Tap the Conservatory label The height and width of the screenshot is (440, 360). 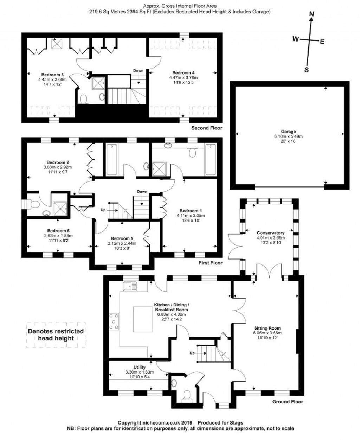[270, 233]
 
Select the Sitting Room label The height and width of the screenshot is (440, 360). [267, 328]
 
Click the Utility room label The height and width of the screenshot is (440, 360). [140, 368]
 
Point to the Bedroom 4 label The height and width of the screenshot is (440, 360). [184, 73]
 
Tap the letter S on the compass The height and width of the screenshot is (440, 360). [306, 70]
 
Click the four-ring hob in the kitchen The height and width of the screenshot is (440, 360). [114, 321]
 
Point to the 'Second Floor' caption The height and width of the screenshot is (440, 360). [207, 128]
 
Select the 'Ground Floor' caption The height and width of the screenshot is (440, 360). [288, 402]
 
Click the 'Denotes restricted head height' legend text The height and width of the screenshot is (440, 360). [56, 334]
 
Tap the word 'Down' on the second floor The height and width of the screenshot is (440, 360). [138, 71]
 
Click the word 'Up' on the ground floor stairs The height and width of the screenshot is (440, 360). [192, 353]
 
